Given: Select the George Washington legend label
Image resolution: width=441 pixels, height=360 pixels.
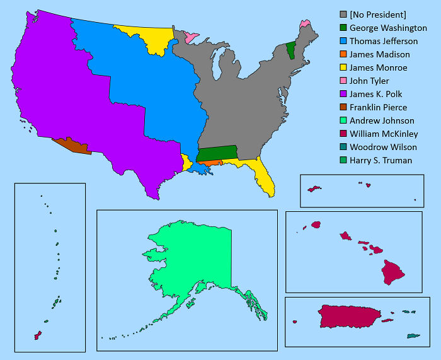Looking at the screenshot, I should (388, 28).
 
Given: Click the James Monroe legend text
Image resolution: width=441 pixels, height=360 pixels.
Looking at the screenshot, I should (378, 68).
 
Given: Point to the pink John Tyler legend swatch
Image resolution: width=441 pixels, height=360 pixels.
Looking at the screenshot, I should (343, 81).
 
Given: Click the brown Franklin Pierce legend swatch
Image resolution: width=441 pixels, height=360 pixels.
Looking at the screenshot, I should (343, 108).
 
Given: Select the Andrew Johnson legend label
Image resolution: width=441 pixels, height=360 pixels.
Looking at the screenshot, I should (382, 121).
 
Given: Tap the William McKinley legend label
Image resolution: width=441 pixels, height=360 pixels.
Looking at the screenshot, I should (384, 134).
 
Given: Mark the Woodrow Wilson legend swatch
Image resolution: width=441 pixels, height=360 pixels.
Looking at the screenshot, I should (343, 148).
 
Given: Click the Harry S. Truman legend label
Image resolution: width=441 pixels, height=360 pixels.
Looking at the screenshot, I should (381, 161).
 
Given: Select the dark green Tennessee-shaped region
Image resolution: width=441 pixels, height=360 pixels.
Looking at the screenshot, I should (217, 153).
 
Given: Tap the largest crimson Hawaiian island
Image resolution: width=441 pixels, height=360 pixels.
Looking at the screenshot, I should (393, 272).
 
